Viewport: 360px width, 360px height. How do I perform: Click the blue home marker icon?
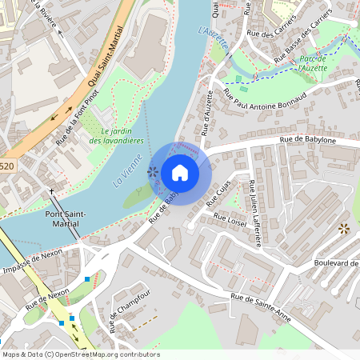click(x=180, y=173)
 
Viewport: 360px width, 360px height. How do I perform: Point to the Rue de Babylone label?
click(x=307, y=140)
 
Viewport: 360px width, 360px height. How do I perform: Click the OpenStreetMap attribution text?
click(x=80, y=354)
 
